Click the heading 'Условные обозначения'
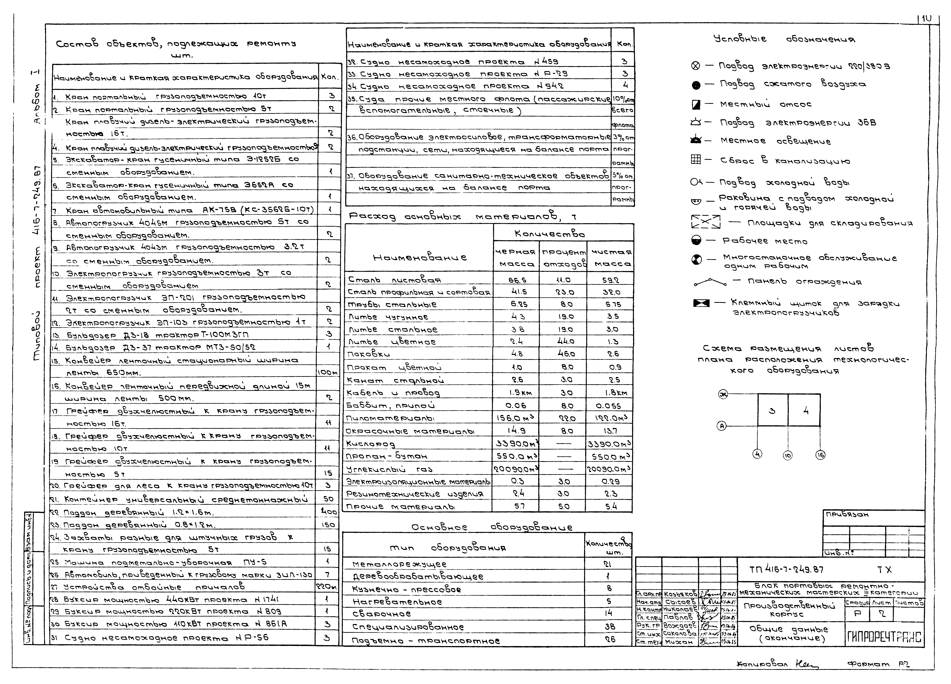point(784,39)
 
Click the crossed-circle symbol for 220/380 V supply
point(696,66)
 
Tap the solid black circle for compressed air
point(696,85)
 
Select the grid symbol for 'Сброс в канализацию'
point(696,159)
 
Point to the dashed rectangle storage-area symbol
point(706,222)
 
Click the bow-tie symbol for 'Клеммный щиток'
point(701,303)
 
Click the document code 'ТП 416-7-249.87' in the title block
point(786,570)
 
